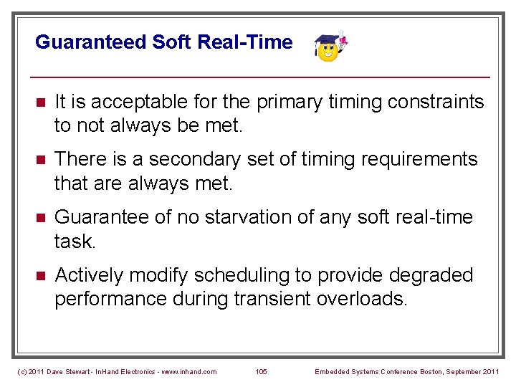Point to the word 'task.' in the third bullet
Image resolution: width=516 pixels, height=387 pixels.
pos(75,242)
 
